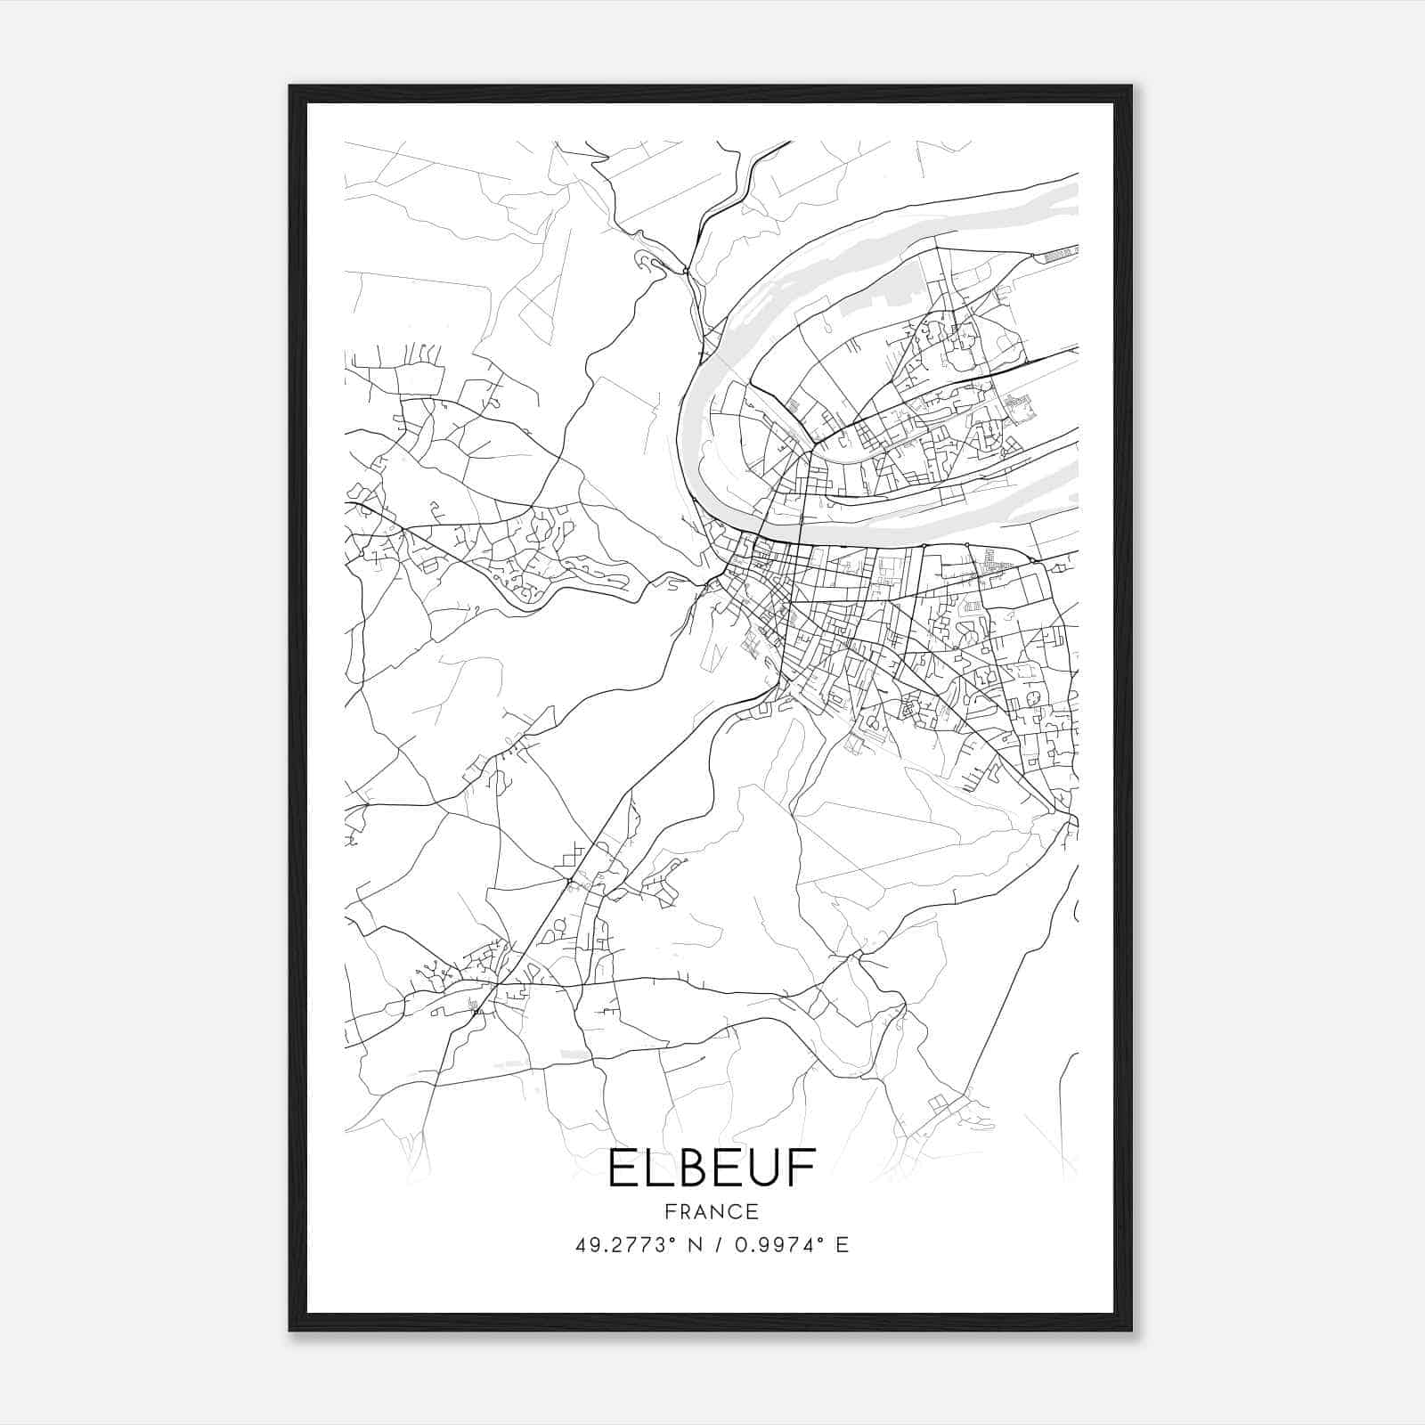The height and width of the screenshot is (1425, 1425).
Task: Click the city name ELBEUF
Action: (x=712, y=1169)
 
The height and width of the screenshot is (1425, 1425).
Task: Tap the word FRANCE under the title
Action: (x=712, y=1211)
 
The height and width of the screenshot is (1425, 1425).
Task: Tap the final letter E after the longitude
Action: (x=842, y=1245)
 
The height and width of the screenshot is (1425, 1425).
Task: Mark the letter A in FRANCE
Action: (x=701, y=1211)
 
